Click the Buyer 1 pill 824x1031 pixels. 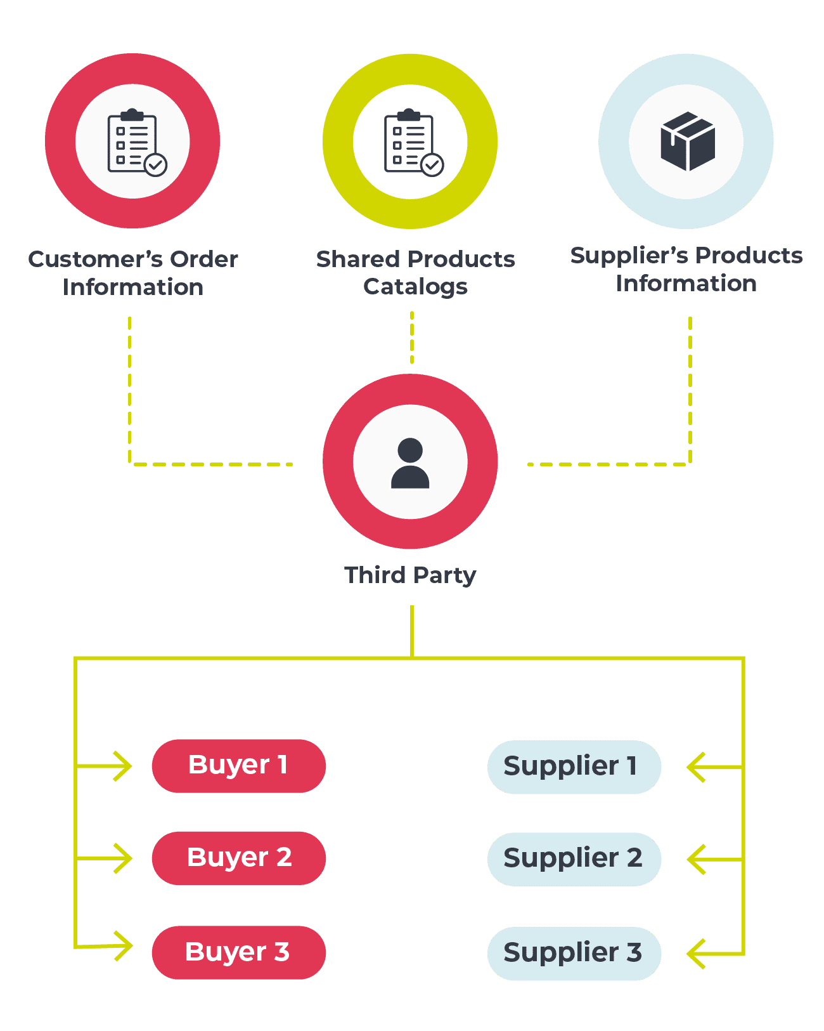tap(238, 766)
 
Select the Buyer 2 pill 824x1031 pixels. tap(238, 858)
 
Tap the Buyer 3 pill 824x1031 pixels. tap(238, 952)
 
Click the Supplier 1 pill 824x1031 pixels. tap(574, 766)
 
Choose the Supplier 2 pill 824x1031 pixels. tap(574, 859)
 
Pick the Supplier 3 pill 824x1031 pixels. tap(574, 953)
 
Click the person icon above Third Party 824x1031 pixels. tap(410, 463)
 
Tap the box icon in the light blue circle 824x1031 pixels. tap(687, 141)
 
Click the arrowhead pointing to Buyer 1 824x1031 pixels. tap(122, 766)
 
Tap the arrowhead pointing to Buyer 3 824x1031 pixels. tap(122, 946)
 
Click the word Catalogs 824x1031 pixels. tap(415, 287)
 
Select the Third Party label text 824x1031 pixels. tap(410, 575)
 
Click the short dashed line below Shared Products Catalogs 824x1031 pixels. tap(412, 338)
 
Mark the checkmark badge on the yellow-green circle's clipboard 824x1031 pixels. tap(432, 165)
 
